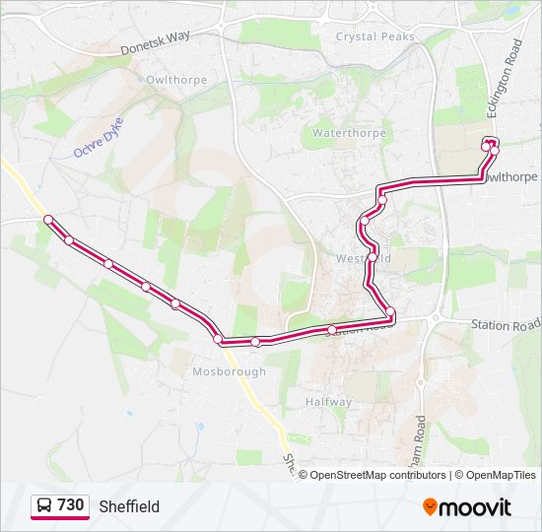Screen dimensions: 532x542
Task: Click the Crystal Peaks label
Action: (375, 36)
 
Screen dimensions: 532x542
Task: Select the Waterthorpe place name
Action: (350, 132)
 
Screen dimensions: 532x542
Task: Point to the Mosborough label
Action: (230, 371)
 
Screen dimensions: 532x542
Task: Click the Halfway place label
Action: (328, 402)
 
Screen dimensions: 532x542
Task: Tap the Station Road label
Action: (506, 324)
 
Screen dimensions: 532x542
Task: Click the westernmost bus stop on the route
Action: (47, 219)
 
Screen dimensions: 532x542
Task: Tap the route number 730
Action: (70, 505)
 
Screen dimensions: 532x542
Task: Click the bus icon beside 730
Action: (44, 506)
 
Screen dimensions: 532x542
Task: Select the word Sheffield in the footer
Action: (129, 506)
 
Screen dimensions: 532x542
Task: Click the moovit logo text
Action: (476, 507)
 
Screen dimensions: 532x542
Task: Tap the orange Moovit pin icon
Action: (431, 506)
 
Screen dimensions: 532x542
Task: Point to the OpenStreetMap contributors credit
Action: (377, 475)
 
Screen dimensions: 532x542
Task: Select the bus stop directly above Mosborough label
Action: (218, 339)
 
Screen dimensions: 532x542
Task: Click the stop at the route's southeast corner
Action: (391, 312)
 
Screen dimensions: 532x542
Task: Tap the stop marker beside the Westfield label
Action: (373, 257)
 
